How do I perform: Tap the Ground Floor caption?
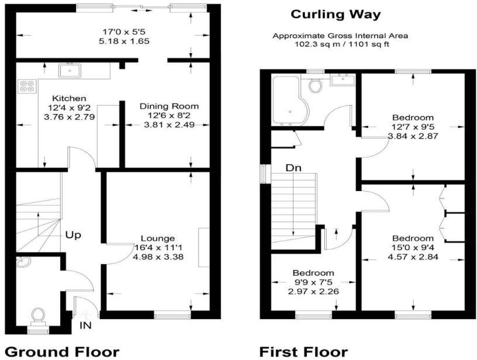pyautogui.click(x=62, y=351)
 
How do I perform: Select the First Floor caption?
pyautogui.click(x=303, y=351)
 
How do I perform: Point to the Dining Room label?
pyautogui.click(x=169, y=106)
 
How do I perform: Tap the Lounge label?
pyautogui.click(x=157, y=238)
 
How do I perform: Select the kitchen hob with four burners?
pyautogui.click(x=27, y=86)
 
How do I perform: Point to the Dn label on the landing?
pyautogui.click(x=293, y=168)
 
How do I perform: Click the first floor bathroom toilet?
pyautogui.click(x=316, y=86)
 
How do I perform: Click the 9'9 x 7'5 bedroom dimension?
pyautogui.click(x=314, y=282)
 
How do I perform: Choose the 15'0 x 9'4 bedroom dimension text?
pyautogui.click(x=413, y=247)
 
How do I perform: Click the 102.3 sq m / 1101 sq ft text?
pyautogui.click(x=340, y=44)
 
